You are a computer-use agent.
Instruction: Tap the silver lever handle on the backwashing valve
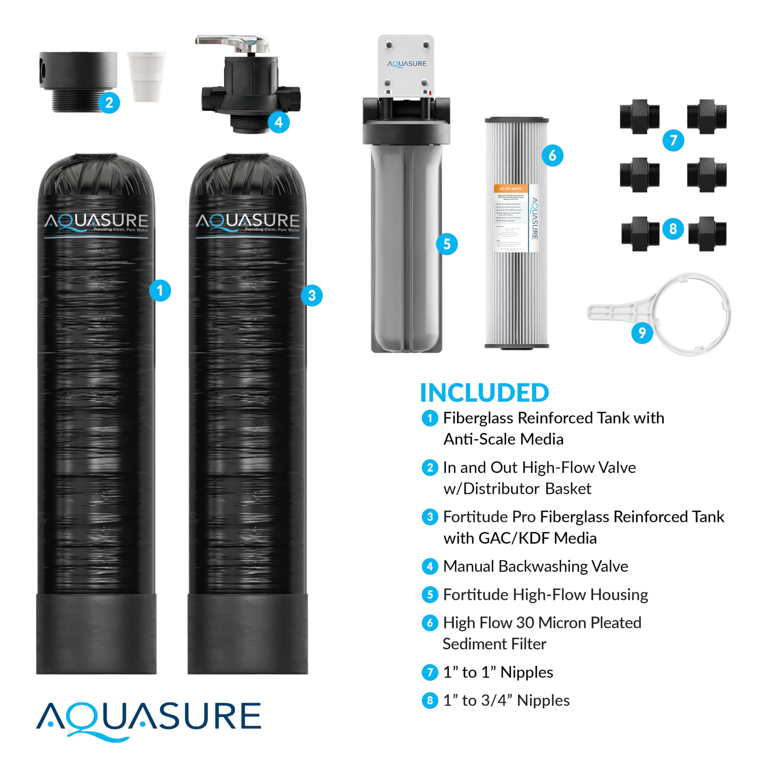[x=232, y=41]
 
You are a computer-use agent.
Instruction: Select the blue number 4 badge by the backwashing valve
[x=279, y=122]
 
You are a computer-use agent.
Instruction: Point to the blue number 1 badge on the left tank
[x=160, y=291]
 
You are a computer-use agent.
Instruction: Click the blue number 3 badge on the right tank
[x=311, y=295]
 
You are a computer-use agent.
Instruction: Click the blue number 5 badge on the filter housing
[x=447, y=244]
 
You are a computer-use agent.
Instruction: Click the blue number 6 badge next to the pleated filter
[x=552, y=155]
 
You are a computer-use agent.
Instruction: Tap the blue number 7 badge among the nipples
[x=673, y=140]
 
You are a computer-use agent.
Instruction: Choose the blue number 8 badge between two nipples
[x=673, y=229]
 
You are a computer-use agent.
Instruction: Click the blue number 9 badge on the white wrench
[x=642, y=333]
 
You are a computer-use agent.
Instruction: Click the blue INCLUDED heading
[x=484, y=393]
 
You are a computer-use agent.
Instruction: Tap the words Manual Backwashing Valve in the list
[x=535, y=566]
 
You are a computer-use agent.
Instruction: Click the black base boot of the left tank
[x=96, y=633]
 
